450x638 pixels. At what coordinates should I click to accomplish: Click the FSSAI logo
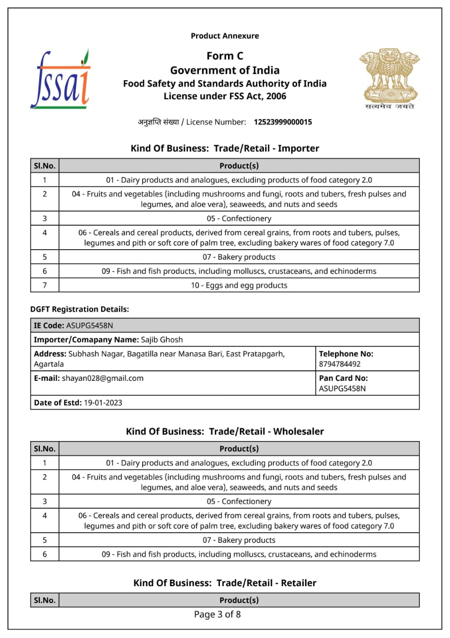(x=60, y=79)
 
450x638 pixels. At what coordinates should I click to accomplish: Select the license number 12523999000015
(x=283, y=122)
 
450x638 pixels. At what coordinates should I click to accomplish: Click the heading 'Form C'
(x=225, y=56)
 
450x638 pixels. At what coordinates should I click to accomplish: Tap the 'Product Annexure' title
(x=225, y=36)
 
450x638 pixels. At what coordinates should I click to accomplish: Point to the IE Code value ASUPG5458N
(x=90, y=325)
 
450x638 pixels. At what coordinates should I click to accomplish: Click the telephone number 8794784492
(x=340, y=364)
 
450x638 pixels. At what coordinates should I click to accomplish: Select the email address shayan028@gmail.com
(x=103, y=378)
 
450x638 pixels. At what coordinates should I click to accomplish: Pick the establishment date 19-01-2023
(x=103, y=403)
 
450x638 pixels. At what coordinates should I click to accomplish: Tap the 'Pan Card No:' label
(x=343, y=378)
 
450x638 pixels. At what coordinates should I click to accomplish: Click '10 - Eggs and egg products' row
(x=239, y=285)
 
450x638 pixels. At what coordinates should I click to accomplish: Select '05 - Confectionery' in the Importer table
(x=239, y=218)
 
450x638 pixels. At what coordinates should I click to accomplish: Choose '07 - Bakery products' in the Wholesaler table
(x=239, y=540)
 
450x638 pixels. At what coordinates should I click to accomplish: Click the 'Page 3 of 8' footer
(x=218, y=615)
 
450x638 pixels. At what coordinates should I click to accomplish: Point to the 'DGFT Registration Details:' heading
(x=80, y=310)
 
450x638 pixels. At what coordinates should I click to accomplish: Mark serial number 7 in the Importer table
(x=45, y=285)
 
